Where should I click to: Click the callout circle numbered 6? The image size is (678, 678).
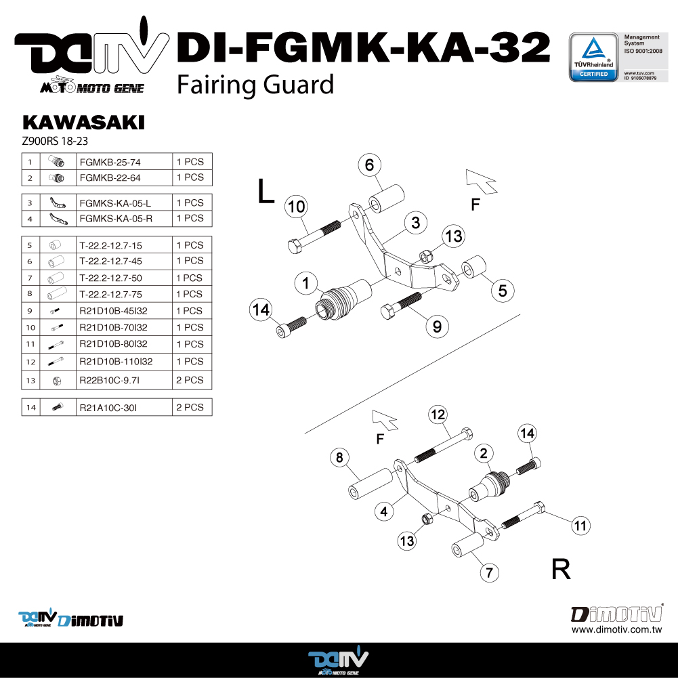tap(369, 165)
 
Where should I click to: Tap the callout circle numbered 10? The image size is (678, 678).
tap(296, 207)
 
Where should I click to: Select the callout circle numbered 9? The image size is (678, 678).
tap(437, 326)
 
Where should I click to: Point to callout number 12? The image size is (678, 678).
tap(438, 415)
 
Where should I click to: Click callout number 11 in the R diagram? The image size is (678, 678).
tap(580, 526)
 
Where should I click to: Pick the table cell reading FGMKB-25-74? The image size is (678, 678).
tap(124, 162)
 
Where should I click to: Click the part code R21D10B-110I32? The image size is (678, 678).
tap(116, 362)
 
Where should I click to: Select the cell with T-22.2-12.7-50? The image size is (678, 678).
tap(124, 278)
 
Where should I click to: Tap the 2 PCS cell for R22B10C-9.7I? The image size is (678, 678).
tap(192, 380)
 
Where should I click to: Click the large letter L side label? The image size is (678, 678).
tap(266, 191)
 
